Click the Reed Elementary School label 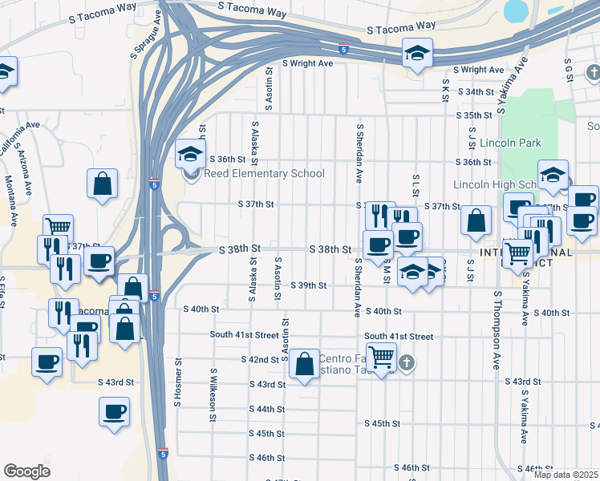click(264, 174)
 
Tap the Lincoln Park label click(511, 143)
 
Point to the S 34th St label click(475, 92)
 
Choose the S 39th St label click(309, 285)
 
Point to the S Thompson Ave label click(497, 329)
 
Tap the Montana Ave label click(10, 200)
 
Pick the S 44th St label click(267, 410)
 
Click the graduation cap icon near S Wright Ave click(417, 54)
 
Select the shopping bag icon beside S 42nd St click(306, 365)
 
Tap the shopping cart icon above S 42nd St click(382, 356)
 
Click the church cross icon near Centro click(407, 362)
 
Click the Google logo click(26, 471)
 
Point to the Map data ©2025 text click(565, 475)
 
